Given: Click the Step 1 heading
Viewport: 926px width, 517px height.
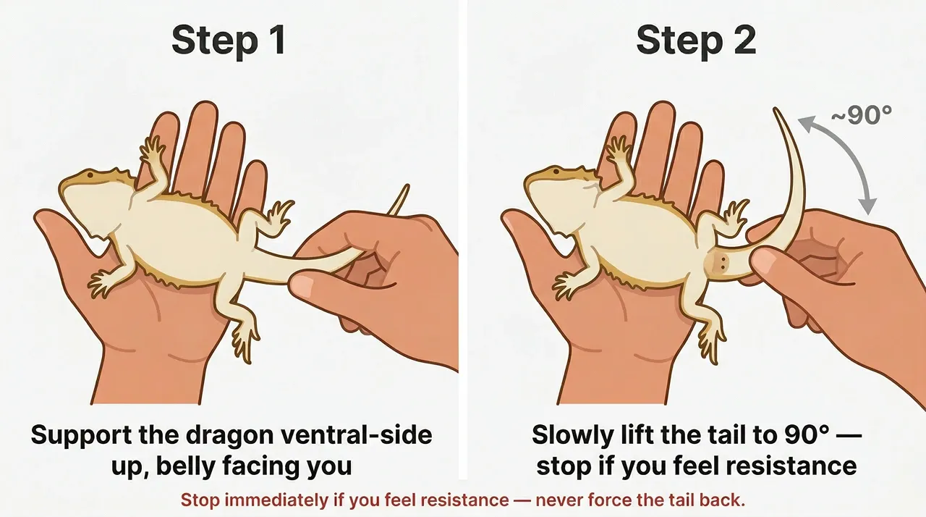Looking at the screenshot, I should click(228, 41).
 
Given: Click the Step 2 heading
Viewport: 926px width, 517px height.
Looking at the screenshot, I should click(695, 41).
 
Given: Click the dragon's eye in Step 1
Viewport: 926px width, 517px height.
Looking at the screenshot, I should click(89, 175).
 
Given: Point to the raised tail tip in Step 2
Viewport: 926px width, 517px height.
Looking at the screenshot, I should click(776, 112).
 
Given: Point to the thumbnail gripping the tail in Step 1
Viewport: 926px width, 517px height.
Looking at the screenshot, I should click(302, 285).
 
